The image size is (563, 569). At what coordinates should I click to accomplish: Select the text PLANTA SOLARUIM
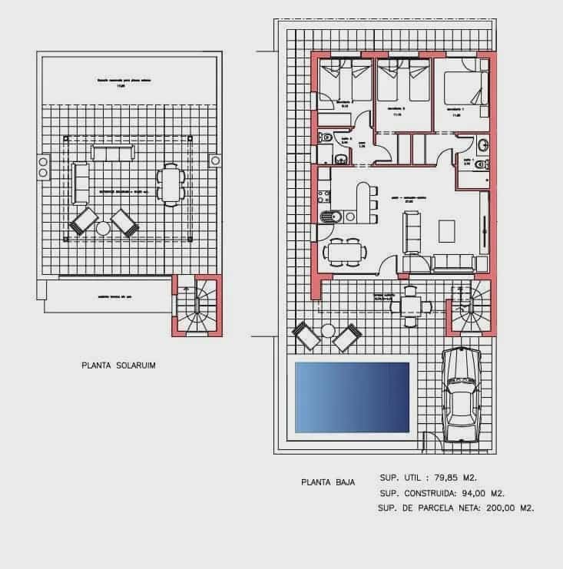[x=118, y=366]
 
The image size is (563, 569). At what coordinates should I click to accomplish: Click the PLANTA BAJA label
[x=327, y=482]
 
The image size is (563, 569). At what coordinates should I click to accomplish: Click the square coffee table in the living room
[x=446, y=230]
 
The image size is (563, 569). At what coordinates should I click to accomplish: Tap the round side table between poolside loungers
[x=328, y=331]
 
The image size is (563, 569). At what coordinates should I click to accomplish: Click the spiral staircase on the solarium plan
[x=196, y=305]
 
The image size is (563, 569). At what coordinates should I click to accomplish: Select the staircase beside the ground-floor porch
[x=471, y=305]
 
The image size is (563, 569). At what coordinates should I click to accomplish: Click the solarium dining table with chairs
[x=171, y=184]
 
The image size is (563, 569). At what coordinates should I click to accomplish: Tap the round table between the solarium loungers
[x=104, y=228]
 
